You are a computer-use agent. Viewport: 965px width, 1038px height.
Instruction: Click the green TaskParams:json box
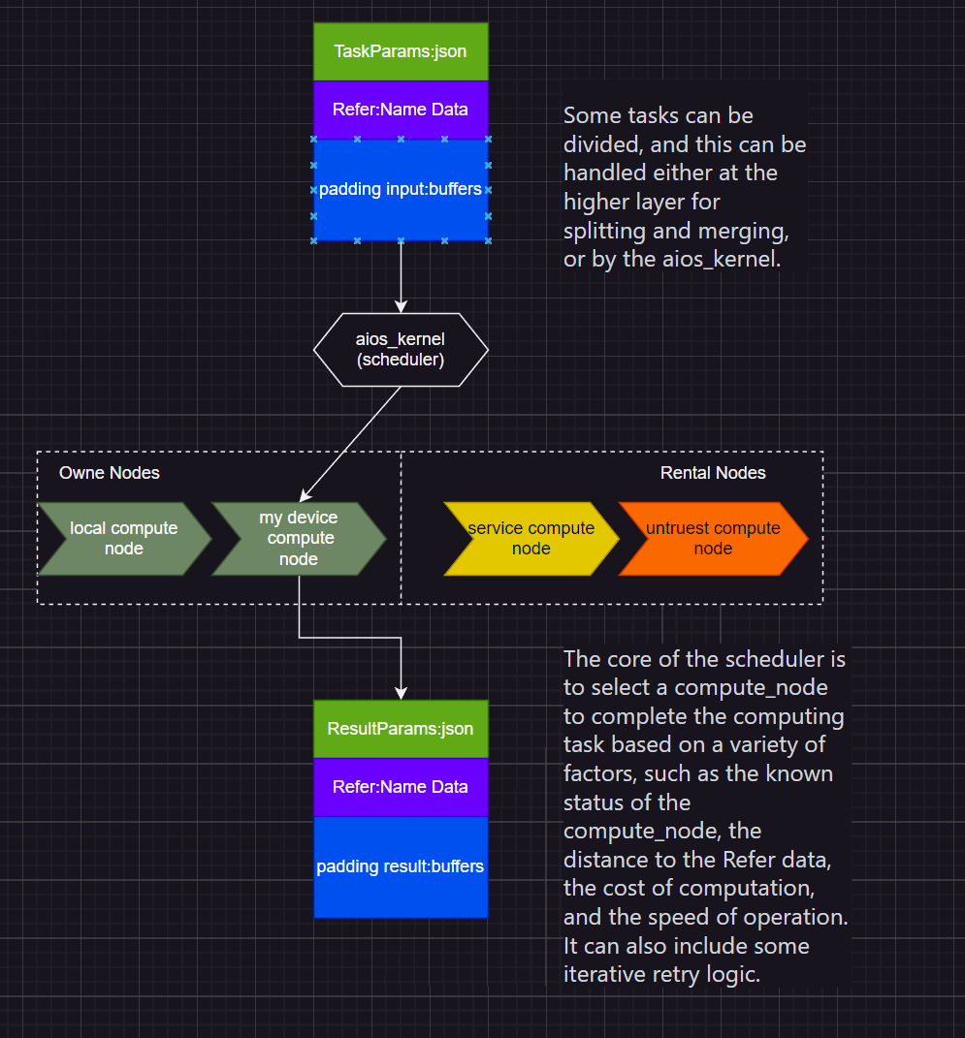point(400,51)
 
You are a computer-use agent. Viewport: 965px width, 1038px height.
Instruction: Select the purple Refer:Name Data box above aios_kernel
point(400,110)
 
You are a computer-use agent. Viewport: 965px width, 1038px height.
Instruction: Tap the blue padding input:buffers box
point(400,189)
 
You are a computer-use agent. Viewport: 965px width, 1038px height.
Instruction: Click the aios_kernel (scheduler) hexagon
point(400,349)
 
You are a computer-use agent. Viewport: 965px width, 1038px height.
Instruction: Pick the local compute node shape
point(122,539)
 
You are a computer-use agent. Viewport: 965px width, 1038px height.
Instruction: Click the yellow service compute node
point(530,539)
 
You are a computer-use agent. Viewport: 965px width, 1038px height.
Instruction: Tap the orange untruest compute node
point(713,539)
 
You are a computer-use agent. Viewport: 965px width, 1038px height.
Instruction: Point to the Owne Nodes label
point(110,473)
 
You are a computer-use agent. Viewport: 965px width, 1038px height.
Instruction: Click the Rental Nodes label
point(713,473)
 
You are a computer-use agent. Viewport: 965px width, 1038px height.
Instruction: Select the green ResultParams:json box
point(400,729)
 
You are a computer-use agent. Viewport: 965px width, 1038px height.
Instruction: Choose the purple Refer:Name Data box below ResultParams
point(400,787)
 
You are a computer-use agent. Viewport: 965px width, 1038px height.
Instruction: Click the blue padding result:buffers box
point(400,866)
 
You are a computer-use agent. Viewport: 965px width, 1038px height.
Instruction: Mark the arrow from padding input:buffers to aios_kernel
point(401,276)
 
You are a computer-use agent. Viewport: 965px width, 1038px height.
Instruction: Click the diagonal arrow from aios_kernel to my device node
point(351,442)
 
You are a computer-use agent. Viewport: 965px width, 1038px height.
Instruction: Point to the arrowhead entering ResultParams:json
point(401,692)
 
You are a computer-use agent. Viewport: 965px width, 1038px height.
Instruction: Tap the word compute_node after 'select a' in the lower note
point(753,688)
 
